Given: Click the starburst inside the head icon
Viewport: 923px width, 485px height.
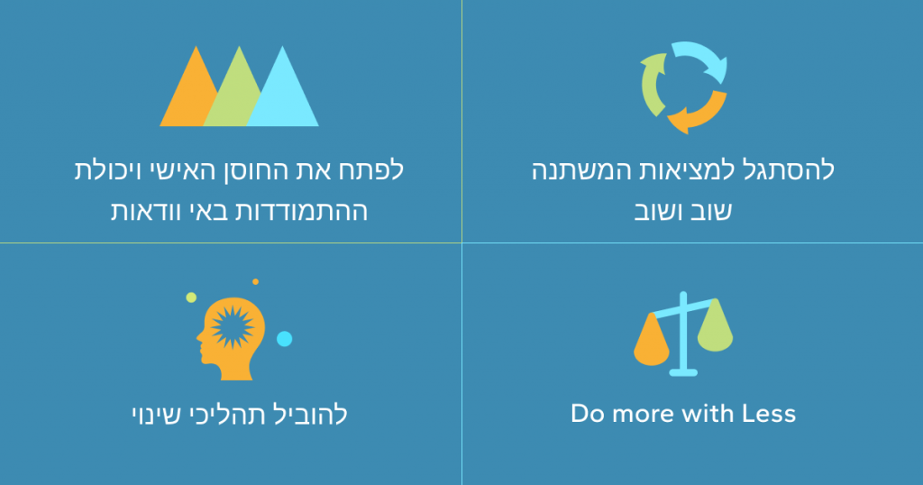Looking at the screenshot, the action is pyautogui.click(x=232, y=327).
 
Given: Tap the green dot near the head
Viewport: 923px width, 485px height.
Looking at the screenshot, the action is pyautogui.click(x=191, y=297).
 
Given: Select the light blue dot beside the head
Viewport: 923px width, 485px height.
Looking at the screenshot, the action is pyautogui.click(x=284, y=339).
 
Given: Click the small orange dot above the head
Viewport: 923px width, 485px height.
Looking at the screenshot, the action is pyautogui.click(x=255, y=282).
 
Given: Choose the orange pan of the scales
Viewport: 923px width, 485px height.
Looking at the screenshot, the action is pyautogui.click(x=651, y=342).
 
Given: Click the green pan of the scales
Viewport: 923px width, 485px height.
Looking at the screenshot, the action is pyautogui.click(x=715, y=326).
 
